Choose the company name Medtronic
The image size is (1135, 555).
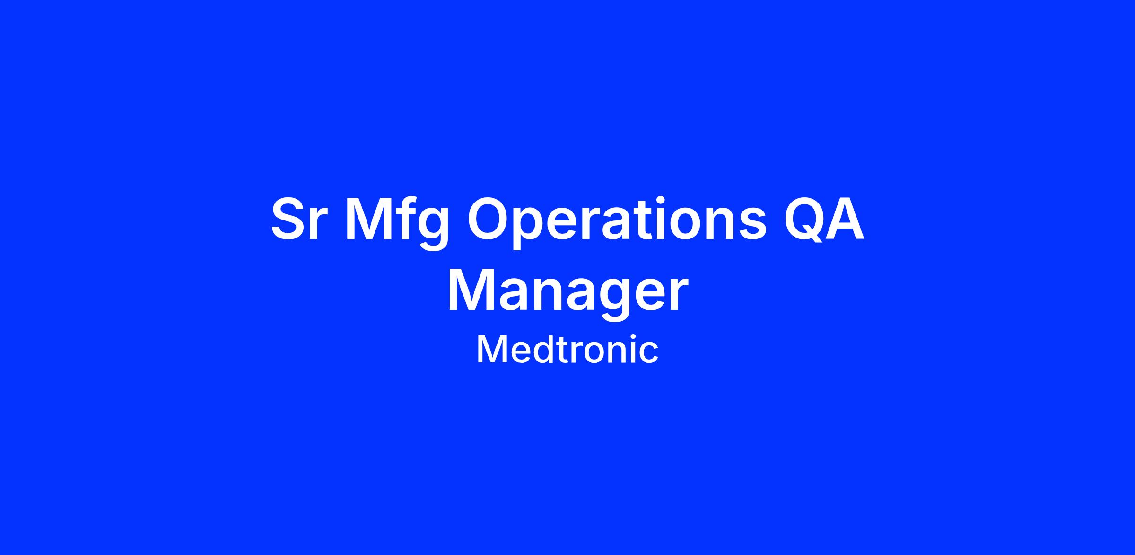(x=567, y=350)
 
